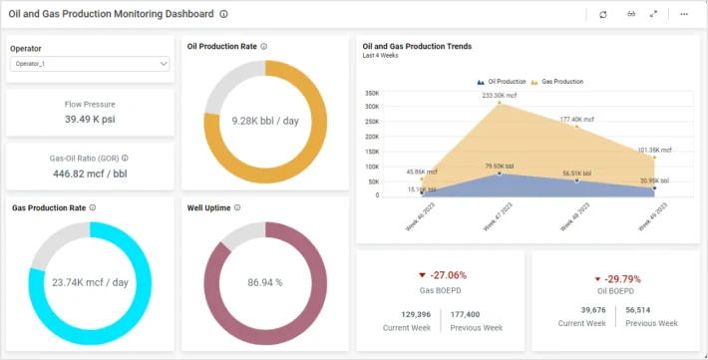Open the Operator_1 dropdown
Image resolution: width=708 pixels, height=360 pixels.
[x=90, y=64]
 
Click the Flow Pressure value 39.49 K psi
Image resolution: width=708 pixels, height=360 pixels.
[x=90, y=120]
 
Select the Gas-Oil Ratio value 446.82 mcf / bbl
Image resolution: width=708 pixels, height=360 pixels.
[x=90, y=173]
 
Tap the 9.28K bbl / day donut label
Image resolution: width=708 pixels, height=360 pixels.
[x=265, y=121]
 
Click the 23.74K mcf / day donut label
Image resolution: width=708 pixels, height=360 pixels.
[x=90, y=282]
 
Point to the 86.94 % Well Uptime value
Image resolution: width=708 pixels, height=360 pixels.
[x=265, y=282]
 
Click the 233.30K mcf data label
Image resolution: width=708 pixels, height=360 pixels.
[x=500, y=96]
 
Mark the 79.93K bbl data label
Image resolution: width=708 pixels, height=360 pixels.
[x=500, y=167]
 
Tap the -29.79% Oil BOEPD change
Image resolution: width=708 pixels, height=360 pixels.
[x=616, y=279]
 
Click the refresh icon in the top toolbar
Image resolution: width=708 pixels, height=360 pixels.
[x=602, y=14]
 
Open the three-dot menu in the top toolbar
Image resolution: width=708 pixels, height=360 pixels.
[x=684, y=14]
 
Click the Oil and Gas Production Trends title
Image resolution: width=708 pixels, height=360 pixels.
[x=417, y=46]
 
